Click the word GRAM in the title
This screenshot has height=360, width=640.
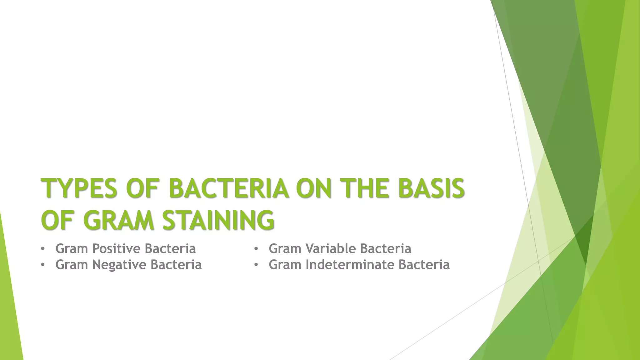pos(119,220)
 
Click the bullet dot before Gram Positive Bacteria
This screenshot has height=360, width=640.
pos(43,249)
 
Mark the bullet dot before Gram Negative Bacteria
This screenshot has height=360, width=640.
pos(43,265)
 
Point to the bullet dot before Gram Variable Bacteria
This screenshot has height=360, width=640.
pos(256,249)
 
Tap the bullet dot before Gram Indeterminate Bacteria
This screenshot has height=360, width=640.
pos(256,265)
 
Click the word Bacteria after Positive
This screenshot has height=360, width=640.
pos(170,249)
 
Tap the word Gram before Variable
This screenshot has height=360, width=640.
pos(285,249)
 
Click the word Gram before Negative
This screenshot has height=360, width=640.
pos(72,265)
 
